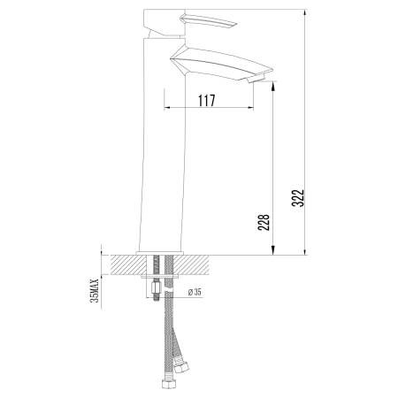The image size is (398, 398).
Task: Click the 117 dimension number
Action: pyautogui.click(x=206, y=101)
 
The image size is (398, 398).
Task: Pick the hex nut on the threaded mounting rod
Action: pyautogui.click(x=157, y=287)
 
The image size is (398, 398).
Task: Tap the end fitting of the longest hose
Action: pyautogui.click(x=165, y=386)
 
